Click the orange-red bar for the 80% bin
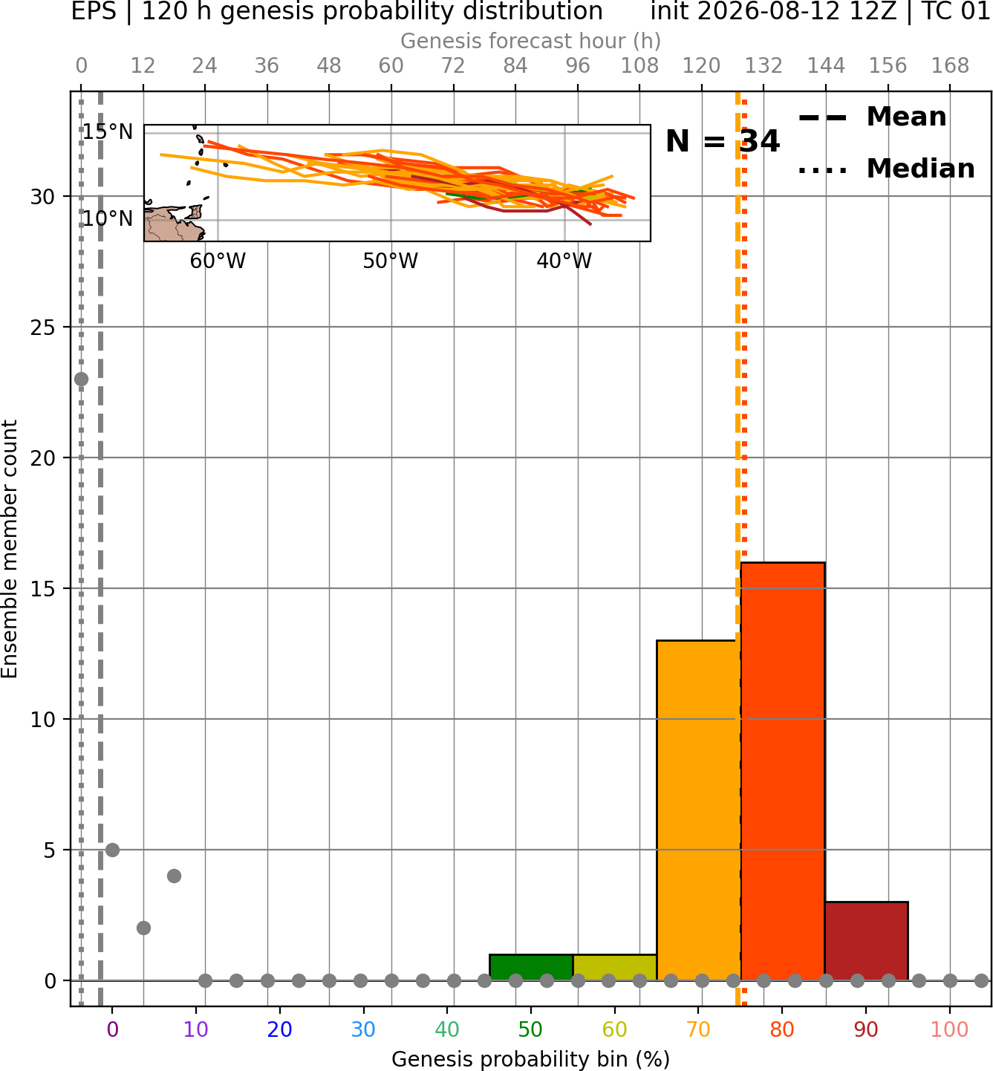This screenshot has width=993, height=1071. coord(783,771)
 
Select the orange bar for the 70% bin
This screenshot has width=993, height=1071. coord(698,810)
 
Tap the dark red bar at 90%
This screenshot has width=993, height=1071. coord(866,941)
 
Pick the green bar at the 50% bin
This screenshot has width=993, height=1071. coord(531,968)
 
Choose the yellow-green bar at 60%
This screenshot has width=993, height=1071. coord(615,968)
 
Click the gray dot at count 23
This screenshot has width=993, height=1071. coord(81,379)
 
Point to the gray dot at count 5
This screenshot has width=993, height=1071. coord(112,850)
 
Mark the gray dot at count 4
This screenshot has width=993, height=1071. coord(174,876)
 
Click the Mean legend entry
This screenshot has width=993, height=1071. coord(872,117)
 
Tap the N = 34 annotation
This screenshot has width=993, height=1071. coord(723,141)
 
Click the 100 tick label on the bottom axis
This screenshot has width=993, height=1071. coord(949,1029)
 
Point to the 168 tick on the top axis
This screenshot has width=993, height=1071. coord(950,66)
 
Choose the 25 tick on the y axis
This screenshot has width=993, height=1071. coord(42,328)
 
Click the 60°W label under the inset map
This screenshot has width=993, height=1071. coord(218,261)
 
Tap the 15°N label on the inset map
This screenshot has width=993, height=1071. coord(107,131)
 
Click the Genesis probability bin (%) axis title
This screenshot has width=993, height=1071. coord(531,1059)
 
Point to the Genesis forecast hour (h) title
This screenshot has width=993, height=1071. coord(531,41)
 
